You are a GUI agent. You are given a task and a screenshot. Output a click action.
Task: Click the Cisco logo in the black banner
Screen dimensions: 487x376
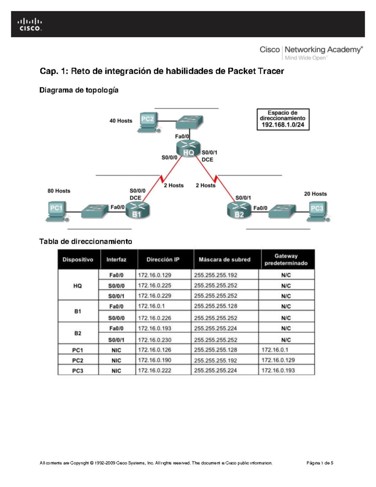[30, 24]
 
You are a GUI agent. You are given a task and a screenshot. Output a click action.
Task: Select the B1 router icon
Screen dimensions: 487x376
[138, 210]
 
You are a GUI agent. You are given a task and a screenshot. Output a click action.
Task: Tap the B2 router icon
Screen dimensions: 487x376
[239, 210]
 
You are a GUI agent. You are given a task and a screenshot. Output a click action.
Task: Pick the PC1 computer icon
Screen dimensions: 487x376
[57, 211]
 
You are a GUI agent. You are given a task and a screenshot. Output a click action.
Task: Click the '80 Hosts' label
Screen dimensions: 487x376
[59, 191]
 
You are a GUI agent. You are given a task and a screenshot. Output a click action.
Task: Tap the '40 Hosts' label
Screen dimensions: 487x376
[121, 121]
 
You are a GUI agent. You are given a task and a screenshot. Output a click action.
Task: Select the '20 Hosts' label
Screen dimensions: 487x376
[315, 194]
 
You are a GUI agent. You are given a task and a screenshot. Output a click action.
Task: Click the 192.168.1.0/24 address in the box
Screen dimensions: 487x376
[283, 125]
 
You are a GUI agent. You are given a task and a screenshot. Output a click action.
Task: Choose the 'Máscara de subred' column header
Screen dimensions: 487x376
[224, 260]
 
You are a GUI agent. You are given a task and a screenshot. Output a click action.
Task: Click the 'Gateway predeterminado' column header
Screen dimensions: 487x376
[286, 260]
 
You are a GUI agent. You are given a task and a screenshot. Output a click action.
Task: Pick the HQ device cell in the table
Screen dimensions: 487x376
[78, 286]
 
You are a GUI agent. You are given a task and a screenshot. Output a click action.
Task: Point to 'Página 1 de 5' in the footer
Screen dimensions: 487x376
[320, 463]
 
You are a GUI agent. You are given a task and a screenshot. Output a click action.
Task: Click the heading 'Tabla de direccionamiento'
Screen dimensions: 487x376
[86, 241]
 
